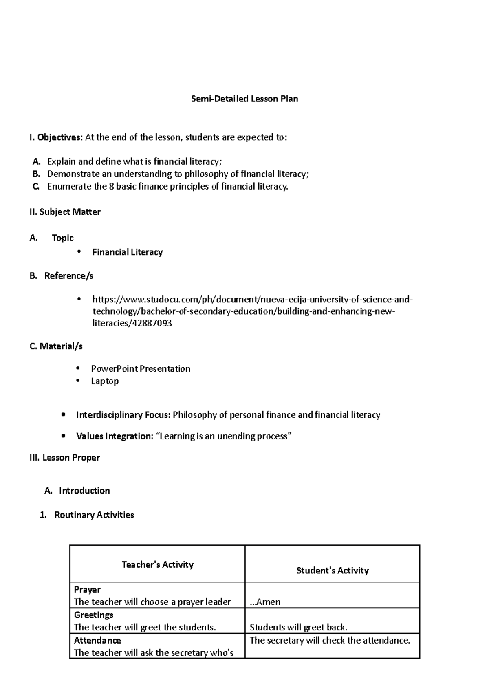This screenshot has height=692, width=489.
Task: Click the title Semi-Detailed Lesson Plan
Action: pos(244,99)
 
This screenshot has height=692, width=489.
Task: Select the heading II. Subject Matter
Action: pos(65,212)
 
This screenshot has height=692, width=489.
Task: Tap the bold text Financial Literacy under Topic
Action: pos(127,252)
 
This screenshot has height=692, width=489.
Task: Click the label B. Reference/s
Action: pos(62,276)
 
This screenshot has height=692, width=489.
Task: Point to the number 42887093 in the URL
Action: pos(152,323)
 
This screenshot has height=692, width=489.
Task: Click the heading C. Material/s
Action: pos(56,346)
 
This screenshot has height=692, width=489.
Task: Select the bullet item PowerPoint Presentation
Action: pos(141,369)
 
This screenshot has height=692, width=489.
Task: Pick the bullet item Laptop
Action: pos(105,381)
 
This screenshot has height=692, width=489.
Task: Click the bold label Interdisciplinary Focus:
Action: pos(123,415)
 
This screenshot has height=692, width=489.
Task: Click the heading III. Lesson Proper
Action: pos(65,458)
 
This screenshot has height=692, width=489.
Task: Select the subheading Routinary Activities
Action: pos(94,515)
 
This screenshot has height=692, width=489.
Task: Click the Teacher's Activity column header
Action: pos(157,564)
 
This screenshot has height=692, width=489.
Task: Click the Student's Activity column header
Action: pos(333,571)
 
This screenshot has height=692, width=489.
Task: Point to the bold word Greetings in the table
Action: pos(94,615)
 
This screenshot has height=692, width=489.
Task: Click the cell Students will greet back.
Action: pos(298,627)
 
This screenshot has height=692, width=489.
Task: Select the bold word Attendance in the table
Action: pos(97,640)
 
